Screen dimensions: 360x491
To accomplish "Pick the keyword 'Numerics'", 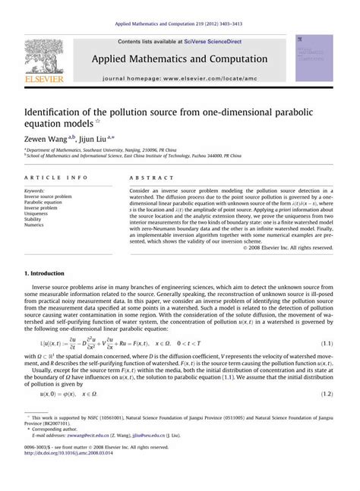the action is click(x=35, y=225).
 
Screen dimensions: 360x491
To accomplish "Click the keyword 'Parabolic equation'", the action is click(x=44, y=203).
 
